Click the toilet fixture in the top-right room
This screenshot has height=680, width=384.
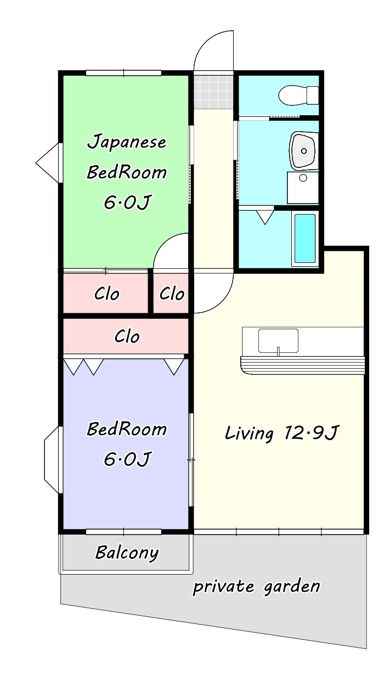[298, 95]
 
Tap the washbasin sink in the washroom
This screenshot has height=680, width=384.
[303, 150]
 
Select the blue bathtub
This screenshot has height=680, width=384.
[305, 238]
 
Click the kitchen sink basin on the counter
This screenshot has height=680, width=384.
[278, 340]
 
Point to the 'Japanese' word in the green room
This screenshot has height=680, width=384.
[127, 142]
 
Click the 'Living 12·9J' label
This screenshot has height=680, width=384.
[281, 433]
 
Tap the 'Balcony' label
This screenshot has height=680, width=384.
[127, 553]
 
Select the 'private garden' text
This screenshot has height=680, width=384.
[256, 586]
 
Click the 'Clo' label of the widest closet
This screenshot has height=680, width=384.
[127, 336]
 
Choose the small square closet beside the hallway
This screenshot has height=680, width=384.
[171, 293]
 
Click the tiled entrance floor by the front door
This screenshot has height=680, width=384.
[213, 92]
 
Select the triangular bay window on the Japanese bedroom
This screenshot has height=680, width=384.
[48, 163]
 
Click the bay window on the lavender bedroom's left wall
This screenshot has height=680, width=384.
[52, 459]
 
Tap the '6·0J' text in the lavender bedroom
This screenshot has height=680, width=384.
[127, 459]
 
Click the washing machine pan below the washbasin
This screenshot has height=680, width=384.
[303, 188]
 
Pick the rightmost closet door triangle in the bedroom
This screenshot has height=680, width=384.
[174, 367]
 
